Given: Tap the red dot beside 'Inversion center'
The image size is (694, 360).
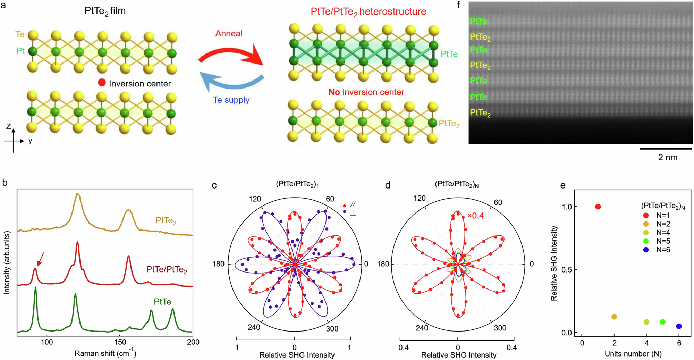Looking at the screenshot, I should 102,83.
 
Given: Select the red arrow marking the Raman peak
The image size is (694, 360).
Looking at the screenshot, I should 40,259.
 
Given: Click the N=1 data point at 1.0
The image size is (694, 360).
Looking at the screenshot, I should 598,207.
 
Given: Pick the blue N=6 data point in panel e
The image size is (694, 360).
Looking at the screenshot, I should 679,326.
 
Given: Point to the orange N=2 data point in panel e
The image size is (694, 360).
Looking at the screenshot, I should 614,317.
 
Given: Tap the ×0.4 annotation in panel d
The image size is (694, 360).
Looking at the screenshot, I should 475,216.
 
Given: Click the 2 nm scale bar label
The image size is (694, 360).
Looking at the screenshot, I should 667,157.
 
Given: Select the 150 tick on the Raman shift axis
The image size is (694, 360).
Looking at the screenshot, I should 120,342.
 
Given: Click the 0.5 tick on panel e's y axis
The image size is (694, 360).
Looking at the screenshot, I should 567,270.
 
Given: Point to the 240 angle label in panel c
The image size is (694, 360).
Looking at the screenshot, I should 254,327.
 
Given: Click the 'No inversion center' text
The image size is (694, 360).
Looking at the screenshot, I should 366,92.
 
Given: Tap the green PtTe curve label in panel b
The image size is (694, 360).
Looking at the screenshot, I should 162,301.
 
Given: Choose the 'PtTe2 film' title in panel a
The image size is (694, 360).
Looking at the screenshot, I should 105,11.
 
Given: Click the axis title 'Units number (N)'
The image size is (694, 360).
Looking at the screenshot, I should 633,354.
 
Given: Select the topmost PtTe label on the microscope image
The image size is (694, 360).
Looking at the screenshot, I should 478,22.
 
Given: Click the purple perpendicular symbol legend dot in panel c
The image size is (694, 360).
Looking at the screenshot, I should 345,211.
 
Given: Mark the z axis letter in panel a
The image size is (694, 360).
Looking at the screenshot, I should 9,126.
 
